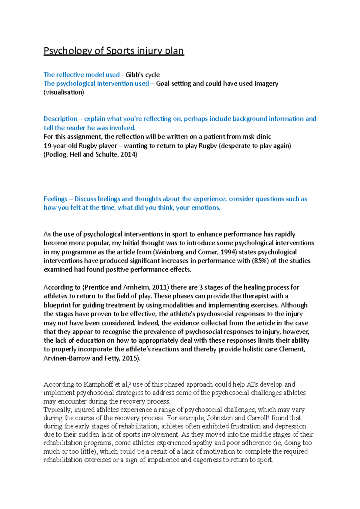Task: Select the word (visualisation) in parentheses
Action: click(64, 92)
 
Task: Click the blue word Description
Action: click(60, 119)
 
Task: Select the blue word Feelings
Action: click(55, 199)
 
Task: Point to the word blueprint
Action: click(57, 305)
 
